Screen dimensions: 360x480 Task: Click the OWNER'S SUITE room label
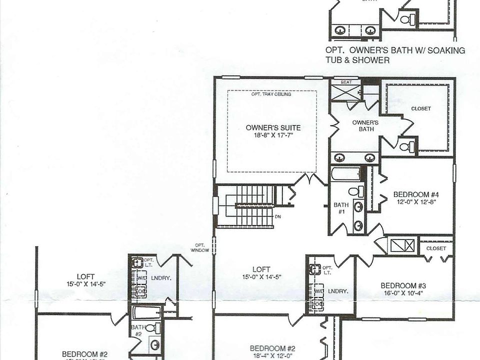[x=273, y=127]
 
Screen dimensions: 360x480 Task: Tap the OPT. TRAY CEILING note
[x=272, y=94]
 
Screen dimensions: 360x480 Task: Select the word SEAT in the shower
[x=346, y=81]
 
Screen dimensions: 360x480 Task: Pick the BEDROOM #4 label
[x=415, y=194]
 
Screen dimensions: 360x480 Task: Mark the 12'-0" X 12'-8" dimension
[x=415, y=202]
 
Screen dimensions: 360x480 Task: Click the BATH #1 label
[x=341, y=208]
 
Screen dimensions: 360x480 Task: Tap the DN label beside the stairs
[x=278, y=216]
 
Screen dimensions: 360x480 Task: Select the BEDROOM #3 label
[x=402, y=285]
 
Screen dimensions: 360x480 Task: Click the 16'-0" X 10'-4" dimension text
[x=402, y=293]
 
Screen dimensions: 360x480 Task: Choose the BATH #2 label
[x=138, y=330]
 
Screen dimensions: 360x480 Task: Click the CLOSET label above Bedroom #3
[x=436, y=248]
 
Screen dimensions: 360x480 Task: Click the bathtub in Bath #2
[x=146, y=313]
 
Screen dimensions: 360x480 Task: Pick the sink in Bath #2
[x=155, y=344]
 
